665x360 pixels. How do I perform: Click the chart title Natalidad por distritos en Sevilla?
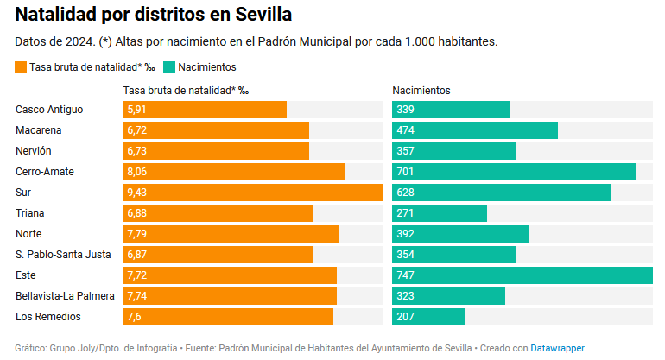point(154,15)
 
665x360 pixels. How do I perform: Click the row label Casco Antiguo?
point(49,109)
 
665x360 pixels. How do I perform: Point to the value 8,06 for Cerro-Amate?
point(137,171)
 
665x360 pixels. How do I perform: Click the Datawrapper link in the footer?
point(557,348)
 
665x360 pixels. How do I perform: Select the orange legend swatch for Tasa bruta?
point(21,67)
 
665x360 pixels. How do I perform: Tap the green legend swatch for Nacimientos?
point(169,67)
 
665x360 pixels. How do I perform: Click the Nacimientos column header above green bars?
point(421,90)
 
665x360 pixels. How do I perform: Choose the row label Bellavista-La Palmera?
point(65,295)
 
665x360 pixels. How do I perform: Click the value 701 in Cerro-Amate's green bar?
point(405,171)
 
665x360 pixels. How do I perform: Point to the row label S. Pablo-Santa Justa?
point(62,254)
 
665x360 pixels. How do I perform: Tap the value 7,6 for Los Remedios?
point(134,316)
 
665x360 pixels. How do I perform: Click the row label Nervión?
point(34,150)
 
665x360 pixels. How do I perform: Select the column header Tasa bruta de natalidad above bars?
point(186,90)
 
